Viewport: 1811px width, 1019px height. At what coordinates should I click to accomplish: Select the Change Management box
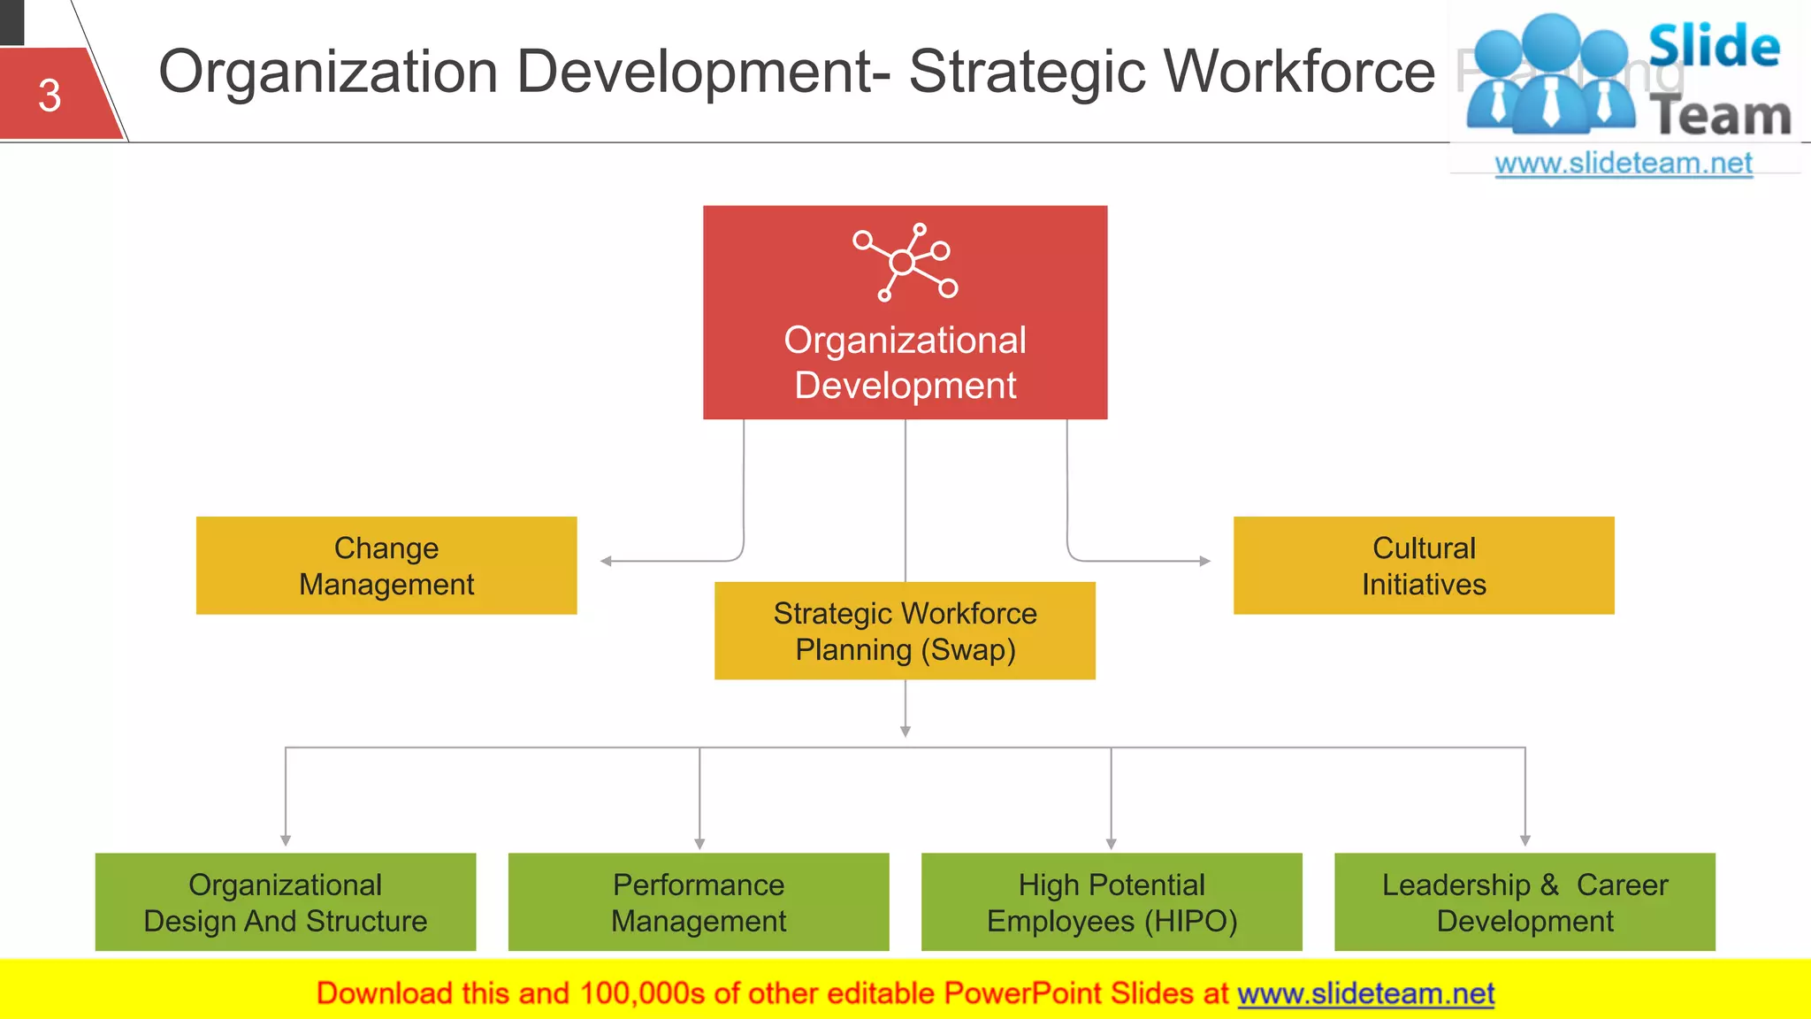pos(386,565)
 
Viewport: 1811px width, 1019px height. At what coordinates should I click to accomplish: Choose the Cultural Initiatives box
pos(1424,565)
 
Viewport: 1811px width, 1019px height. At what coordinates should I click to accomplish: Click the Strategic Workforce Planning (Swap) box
pos(905,631)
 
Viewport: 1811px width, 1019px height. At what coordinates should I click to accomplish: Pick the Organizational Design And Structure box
pos(285,901)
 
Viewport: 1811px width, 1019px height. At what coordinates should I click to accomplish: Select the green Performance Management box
pos(699,901)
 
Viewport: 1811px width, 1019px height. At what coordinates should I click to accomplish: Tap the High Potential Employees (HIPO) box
pos(1112,901)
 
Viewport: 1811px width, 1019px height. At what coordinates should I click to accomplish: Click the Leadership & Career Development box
pos(1524,901)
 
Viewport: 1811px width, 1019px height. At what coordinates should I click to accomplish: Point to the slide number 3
pos(50,96)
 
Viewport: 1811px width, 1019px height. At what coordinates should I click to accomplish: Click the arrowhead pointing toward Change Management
pos(606,561)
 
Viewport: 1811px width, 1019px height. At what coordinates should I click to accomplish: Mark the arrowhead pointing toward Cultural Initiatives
pos(1204,561)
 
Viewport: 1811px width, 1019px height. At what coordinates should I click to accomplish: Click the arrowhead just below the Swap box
pos(905,732)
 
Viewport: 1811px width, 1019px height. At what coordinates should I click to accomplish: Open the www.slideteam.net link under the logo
pos(1624,164)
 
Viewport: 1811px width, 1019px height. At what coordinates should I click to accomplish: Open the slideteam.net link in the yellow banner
pos(1365,993)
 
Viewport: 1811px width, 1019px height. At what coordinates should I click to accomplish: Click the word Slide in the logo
pos(1714,46)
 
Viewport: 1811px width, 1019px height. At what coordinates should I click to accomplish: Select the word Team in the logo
pos(1720,117)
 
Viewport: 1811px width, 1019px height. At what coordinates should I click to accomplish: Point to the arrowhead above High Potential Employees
pos(1112,844)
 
